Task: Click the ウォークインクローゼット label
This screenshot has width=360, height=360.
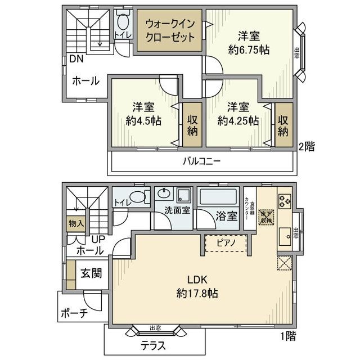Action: [170, 31]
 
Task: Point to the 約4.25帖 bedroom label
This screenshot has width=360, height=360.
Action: [238, 120]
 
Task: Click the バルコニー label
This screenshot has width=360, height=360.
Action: [201, 161]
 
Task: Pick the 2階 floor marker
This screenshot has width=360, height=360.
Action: [306, 146]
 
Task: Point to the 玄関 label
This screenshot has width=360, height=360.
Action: [91, 274]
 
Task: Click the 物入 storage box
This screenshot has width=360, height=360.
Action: [76, 223]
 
